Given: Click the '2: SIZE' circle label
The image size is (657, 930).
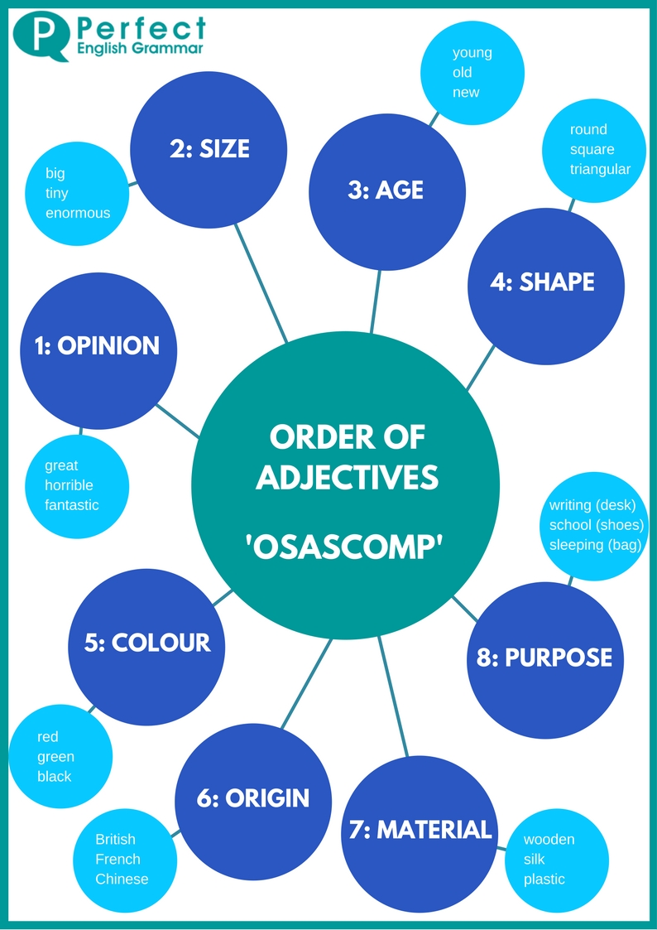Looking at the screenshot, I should point(209,148).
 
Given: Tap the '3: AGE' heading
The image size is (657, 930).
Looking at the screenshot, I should point(386,190).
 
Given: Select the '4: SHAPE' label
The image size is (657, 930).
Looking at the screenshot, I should point(542,282).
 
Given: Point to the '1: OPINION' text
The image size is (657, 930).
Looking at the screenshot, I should point(97,345).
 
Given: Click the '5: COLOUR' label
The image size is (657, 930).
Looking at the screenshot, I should point(147,642).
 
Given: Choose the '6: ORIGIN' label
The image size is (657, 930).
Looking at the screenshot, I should point(253,798).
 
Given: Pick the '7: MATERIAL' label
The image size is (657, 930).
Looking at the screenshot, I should point(420,830).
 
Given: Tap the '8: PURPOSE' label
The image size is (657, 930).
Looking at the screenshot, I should point(544,658).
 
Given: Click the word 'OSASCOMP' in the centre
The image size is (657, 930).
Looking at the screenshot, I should point(346,547).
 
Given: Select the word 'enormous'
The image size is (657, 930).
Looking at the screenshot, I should point(77,213).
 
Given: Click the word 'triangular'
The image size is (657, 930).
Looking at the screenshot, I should point(600,169).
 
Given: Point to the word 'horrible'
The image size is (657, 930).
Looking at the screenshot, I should point(69,485).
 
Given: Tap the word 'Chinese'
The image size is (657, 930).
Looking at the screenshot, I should point(122,879).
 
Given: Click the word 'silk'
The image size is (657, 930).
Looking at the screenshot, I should point(534,859).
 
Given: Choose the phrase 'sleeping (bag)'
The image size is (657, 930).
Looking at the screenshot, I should point(596,545).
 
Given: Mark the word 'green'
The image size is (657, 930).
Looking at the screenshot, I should point(55,756).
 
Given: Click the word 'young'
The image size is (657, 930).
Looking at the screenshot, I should point(472,53).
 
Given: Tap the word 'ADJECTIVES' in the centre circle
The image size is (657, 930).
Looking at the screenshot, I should point(347,478).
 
